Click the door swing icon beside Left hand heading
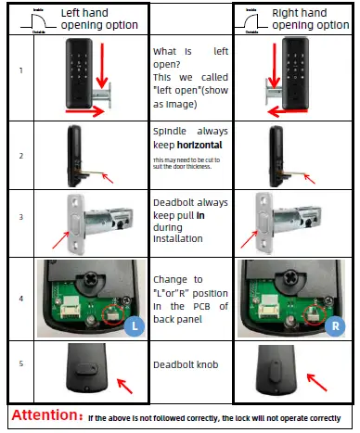click(38, 19)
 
